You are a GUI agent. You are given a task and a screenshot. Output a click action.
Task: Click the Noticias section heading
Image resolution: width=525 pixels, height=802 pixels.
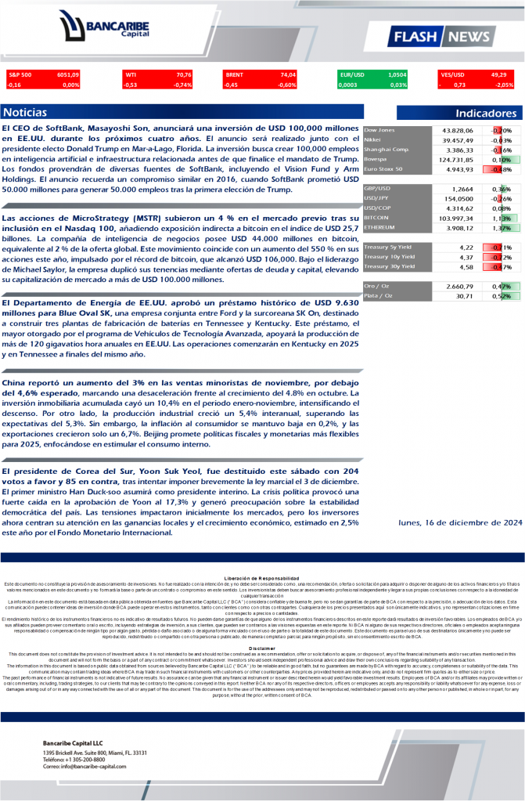(25, 113)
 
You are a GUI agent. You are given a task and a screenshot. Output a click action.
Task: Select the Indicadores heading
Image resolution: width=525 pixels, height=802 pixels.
(486, 114)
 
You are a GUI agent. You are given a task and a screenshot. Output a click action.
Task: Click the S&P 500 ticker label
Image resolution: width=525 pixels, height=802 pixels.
(20, 74)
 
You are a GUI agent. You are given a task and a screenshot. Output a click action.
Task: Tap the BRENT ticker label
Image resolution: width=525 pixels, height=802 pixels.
(234, 74)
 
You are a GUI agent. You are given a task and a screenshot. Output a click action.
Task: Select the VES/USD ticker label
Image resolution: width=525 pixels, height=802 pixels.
(453, 74)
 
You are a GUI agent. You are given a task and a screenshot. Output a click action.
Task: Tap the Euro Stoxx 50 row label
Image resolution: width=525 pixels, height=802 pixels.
(383, 168)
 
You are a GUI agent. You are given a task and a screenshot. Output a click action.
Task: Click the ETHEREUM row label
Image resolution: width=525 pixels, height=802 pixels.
(382, 228)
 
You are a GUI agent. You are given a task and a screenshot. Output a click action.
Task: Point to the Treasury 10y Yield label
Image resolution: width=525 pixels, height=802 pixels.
(389, 257)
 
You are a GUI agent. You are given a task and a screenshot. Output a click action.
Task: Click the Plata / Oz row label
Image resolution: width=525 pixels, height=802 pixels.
(379, 296)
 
